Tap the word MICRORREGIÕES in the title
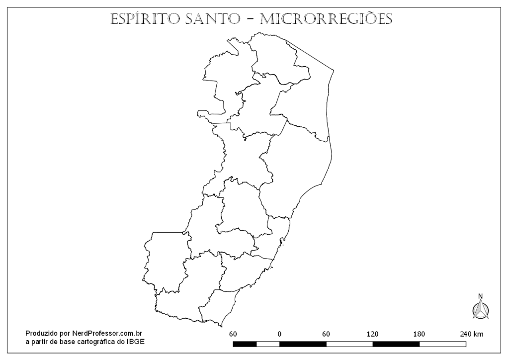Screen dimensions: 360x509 pyautogui.click(x=326, y=19)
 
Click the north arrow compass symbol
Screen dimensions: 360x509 pyautogui.click(x=481, y=309)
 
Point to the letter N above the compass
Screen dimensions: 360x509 pyautogui.click(x=480, y=296)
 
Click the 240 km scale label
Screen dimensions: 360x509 pyautogui.click(x=471, y=333)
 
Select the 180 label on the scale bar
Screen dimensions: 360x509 pyautogui.click(x=419, y=333)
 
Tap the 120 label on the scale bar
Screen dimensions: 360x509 pyautogui.click(x=372, y=333)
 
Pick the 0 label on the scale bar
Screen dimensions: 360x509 pyautogui.click(x=279, y=333)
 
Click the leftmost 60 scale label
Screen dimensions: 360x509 pyautogui.click(x=233, y=333)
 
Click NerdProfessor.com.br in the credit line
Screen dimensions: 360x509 pyautogui.click(x=108, y=333)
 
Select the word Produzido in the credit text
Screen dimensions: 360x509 pyautogui.click(x=42, y=333)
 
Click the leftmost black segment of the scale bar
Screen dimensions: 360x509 pyautogui.click(x=245, y=344)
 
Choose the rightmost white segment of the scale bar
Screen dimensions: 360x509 pyautogui.click(x=442, y=344)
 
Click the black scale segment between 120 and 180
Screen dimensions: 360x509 pyautogui.click(x=396, y=344)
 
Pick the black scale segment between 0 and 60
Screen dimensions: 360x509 pyautogui.click(x=303, y=344)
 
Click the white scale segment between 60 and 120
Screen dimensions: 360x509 pyautogui.click(x=349, y=344)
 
